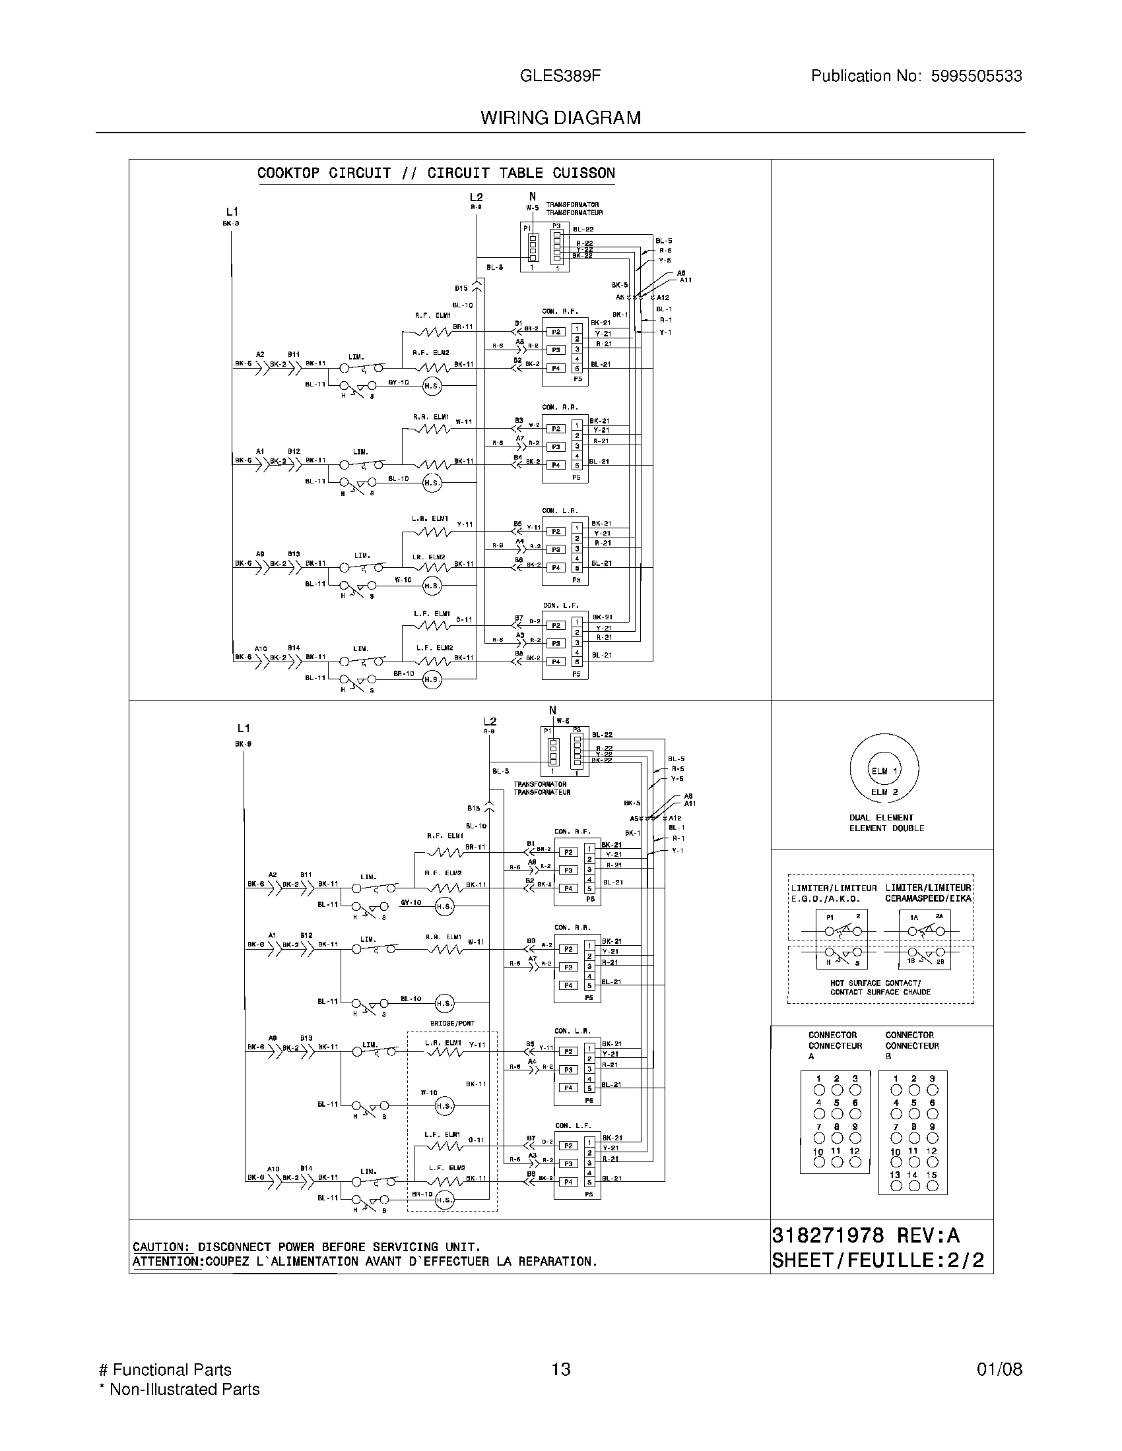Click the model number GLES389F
click(560, 77)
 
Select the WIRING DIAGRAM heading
click(560, 118)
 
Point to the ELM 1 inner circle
click(884, 770)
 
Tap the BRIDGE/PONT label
click(452, 1024)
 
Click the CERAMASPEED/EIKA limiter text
click(928, 899)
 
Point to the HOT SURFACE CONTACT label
click(875, 983)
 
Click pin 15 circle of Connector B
click(933, 1187)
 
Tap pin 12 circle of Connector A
click(855, 1162)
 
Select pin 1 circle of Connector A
click(819, 1090)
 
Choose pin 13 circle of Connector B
click(896, 1187)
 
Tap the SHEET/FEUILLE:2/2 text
click(877, 1260)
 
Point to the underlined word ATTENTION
click(168, 1261)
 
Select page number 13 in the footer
click(560, 1369)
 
